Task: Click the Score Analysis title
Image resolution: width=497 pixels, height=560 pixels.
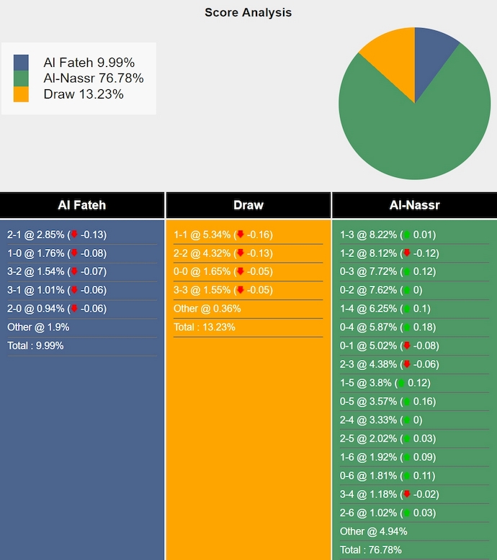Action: pos(248,12)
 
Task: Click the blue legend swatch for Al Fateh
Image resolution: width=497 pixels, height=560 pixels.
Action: pos(21,63)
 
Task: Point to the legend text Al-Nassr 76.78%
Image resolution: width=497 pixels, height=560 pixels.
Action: pos(93,78)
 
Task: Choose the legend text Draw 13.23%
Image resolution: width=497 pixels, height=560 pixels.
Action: pos(83,94)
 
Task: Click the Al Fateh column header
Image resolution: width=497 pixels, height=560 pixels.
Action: pos(82,205)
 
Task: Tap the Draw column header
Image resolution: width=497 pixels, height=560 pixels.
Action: pos(248,205)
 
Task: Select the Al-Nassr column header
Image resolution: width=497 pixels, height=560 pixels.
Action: pos(414,205)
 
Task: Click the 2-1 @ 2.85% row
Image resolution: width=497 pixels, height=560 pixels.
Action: pos(56,235)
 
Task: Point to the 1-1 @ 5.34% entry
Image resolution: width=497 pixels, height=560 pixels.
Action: pos(223,235)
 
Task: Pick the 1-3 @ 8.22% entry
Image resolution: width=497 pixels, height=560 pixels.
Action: pos(388,235)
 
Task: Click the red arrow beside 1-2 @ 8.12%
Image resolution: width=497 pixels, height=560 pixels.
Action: pos(407,253)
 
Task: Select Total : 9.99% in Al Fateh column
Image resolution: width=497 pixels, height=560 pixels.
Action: pos(35,346)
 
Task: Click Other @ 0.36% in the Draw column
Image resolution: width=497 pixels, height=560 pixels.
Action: pos(207,309)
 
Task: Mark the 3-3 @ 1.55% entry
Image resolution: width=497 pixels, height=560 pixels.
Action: pos(223,290)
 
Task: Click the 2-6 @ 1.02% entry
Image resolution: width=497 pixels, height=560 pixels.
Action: pos(388,512)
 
